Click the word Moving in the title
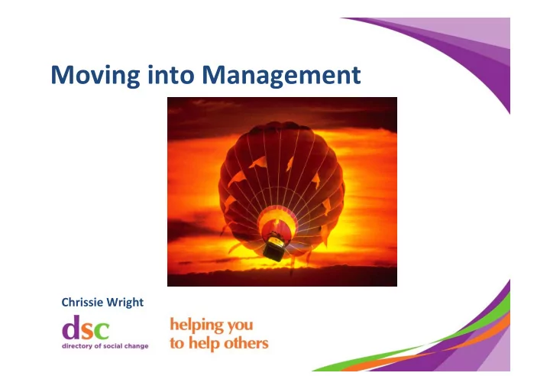point(95,75)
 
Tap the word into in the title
point(171,74)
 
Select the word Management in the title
point(281,75)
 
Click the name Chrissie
point(82,303)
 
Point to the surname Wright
point(125,303)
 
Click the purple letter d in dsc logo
point(71,327)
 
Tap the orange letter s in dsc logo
point(87,330)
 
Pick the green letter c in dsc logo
point(102,330)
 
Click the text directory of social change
point(105,346)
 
